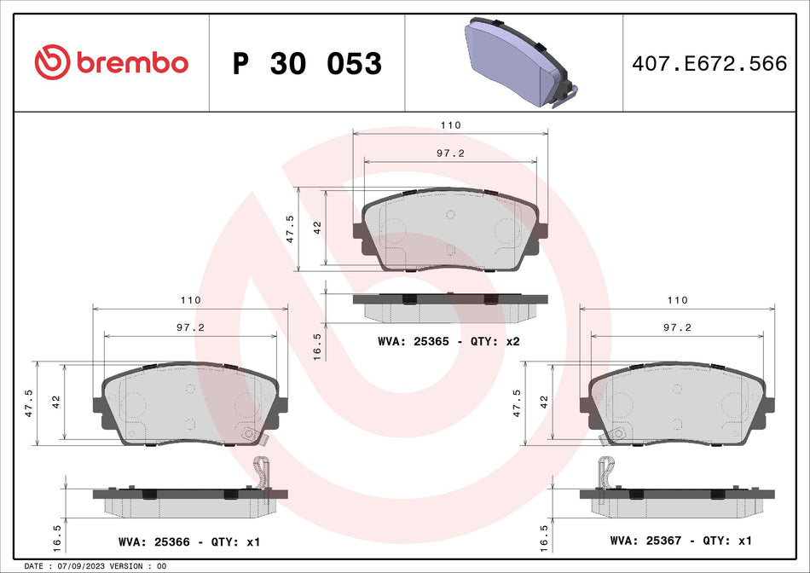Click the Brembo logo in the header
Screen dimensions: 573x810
[111, 63]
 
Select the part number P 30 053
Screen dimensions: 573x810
[307, 64]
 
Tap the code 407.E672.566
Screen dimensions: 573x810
[708, 64]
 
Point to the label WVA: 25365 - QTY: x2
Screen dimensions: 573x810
[448, 341]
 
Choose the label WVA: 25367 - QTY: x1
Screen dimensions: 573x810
[680, 541]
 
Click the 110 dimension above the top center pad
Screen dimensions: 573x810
[450, 125]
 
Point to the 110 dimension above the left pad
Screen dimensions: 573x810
[189, 300]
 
